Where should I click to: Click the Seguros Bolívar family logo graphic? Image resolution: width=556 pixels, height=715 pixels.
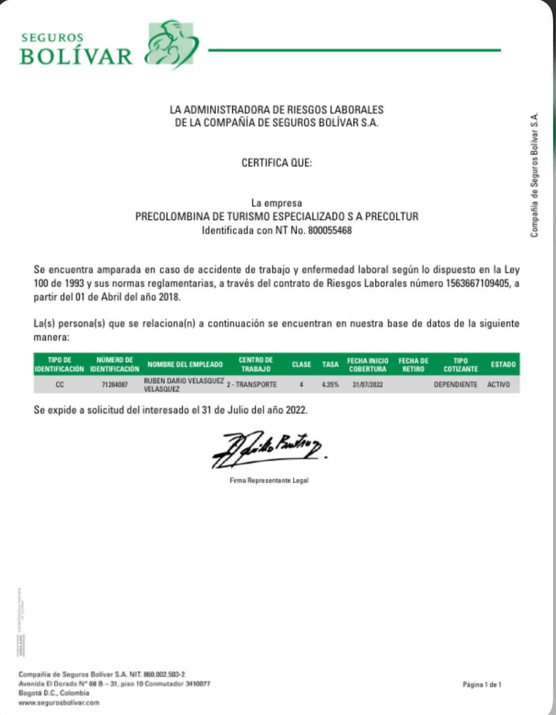pos(171,44)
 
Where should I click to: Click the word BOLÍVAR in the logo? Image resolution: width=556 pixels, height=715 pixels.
pos(76,56)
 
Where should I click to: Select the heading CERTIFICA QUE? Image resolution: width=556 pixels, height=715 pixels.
pos(277,163)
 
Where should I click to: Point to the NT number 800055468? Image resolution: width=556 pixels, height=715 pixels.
pos(330,230)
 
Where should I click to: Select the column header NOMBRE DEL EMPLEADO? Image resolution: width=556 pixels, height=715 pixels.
pos(185,364)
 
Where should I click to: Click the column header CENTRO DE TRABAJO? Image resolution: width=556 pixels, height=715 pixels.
pos(256,364)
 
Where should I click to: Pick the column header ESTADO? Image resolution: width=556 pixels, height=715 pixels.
pos(503,364)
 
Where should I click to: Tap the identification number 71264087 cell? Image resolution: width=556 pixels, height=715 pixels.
pos(114,384)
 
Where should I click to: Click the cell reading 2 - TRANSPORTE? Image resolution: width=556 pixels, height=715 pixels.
pos(252,384)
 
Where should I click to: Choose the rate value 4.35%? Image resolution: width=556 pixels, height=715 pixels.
pos(330,384)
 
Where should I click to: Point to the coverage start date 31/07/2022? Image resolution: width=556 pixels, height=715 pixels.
pos(368,384)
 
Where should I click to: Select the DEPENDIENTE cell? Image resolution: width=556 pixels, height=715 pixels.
pos(455,384)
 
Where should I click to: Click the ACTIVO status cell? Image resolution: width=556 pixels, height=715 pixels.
pos(498,384)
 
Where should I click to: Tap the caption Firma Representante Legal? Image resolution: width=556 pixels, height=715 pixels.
pos(269,480)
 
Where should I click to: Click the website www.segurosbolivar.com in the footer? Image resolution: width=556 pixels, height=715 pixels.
pos(59,703)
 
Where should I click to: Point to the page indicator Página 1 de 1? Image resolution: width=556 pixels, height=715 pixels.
pos(482,685)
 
